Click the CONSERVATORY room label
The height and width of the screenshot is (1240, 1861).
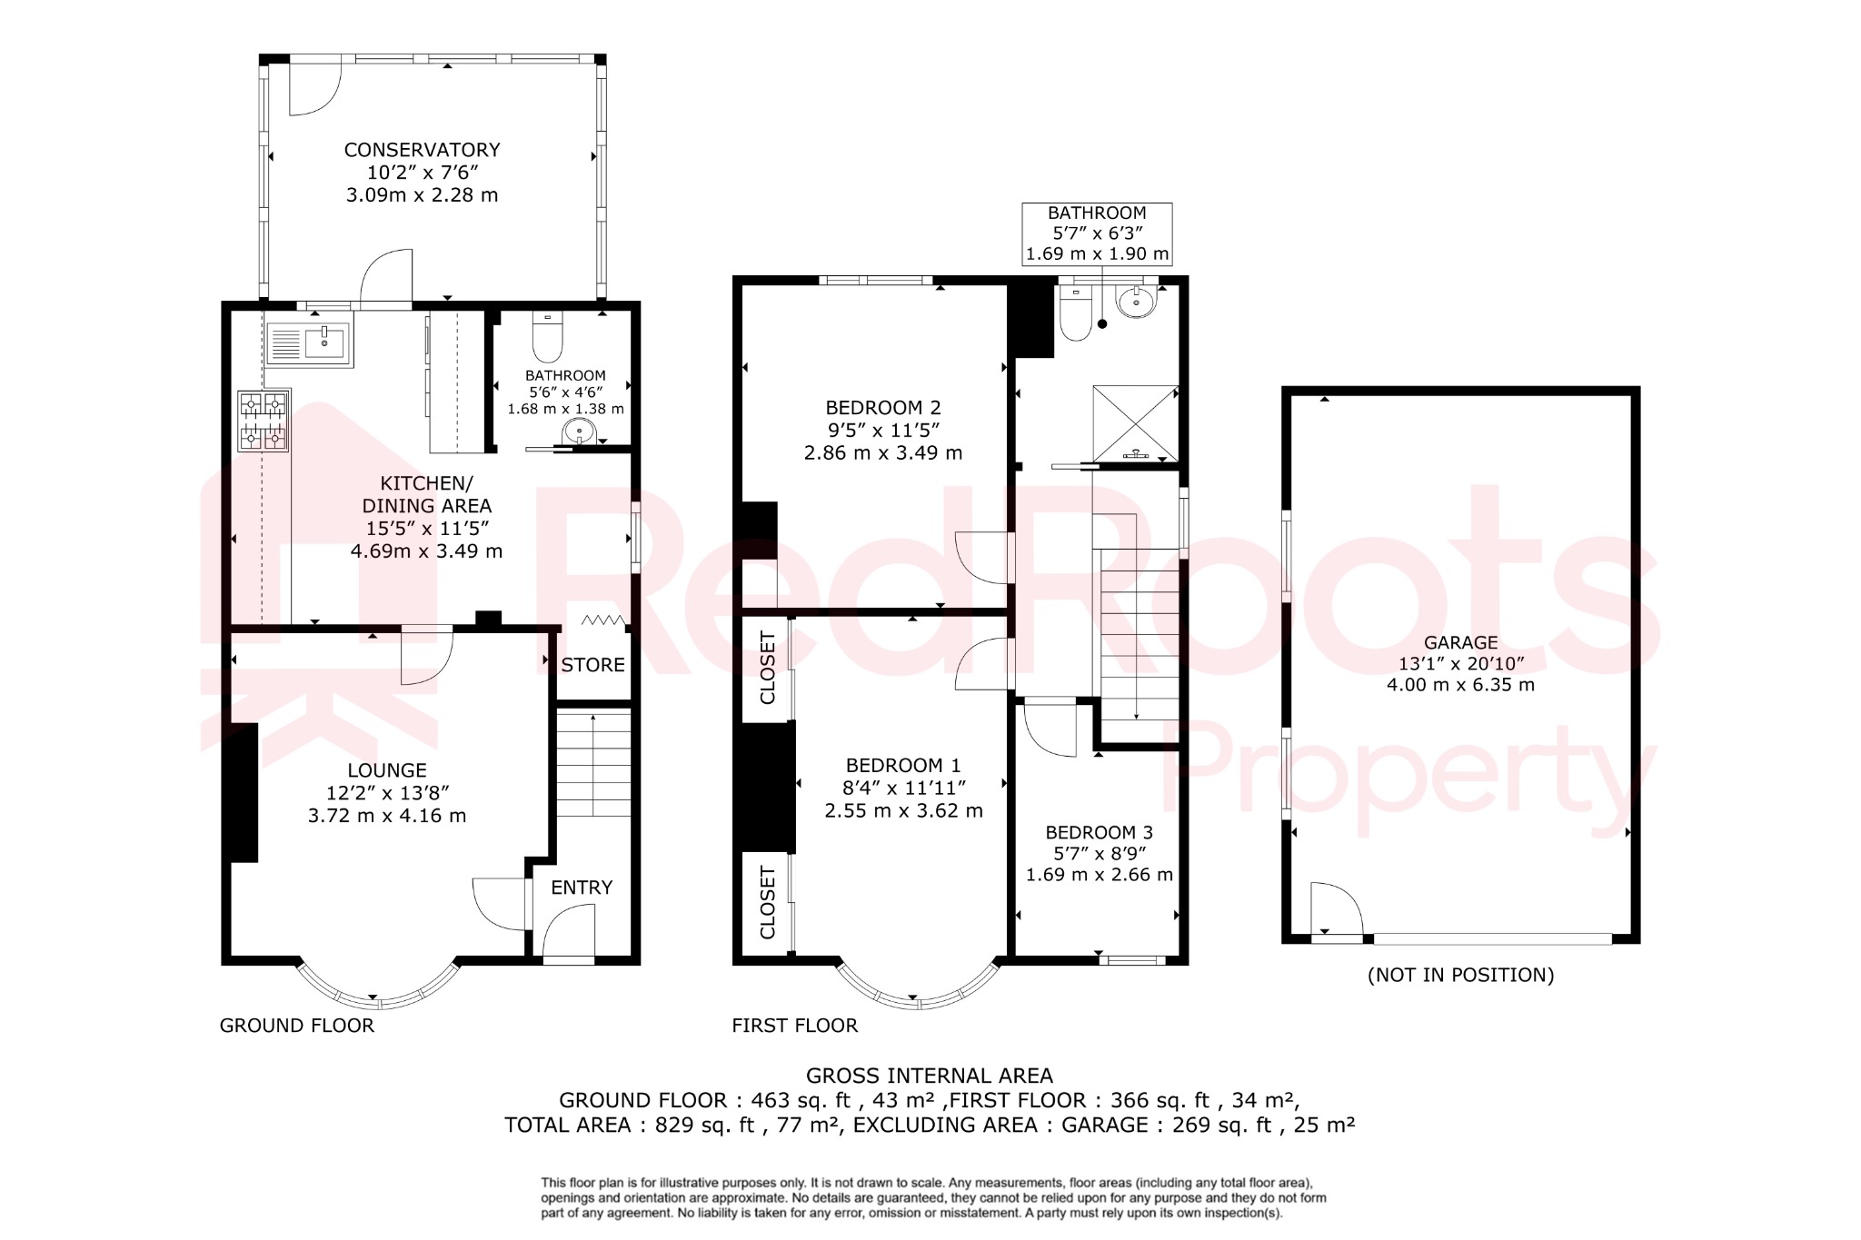coord(422,150)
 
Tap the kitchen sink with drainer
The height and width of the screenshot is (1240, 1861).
coord(310,344)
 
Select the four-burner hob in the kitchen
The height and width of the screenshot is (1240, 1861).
coord(264,421)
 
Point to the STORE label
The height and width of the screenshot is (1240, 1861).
coord(592,665)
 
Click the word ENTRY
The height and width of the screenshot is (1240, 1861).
coord(582,888)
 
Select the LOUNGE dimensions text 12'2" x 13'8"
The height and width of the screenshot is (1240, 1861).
coord(387,793)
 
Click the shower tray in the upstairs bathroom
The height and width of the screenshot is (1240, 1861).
coord(1135,423)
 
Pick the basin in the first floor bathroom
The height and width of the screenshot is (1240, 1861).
coord(1136,302)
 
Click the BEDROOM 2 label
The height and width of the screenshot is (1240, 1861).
coord(882,408)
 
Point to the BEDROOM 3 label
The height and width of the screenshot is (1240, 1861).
coord(1099,832)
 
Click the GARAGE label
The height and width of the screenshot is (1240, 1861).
coord(1460,642)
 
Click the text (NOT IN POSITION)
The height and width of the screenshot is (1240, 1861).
coord(1460,975)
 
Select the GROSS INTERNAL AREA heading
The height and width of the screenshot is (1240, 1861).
coord(930,1076)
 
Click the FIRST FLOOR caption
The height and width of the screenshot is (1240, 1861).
coord(794,1026)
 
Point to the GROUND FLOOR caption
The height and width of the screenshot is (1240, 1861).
coord(296,1026)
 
